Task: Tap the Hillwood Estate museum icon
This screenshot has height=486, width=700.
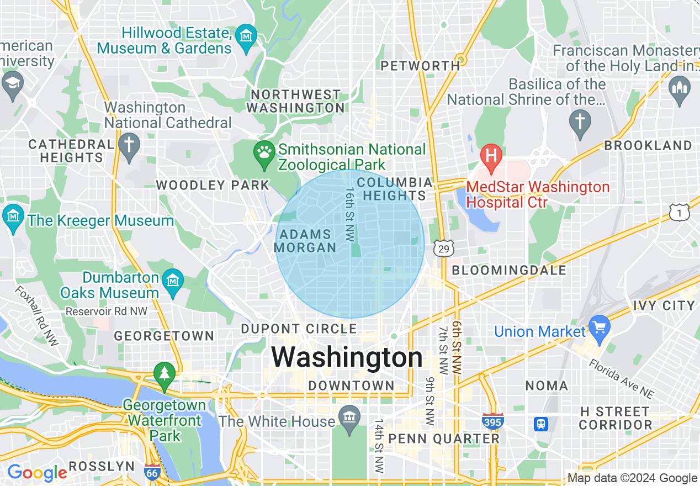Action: pyautogui.click(x=246, y=37)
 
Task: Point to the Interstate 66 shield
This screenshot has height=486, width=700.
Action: pyautogui.click(x=152, y=472)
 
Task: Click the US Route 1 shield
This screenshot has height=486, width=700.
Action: pyautogui.click(x=679, y=212)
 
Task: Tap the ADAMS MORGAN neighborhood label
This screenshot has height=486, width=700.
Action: pyautogui.click(x=305, y=241)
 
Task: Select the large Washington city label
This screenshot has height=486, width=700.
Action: pyautogui.click(x=347, y=357)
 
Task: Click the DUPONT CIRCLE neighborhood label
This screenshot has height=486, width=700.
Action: pyautogui.click(x=299, y=329)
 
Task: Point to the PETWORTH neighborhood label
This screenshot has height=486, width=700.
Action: pyautogui.click(x=420, y=66)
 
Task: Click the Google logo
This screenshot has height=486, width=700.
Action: pyautogui.click(x=36, y=473)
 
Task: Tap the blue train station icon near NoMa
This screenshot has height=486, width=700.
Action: pyautogui.click(x=541, y=424)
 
